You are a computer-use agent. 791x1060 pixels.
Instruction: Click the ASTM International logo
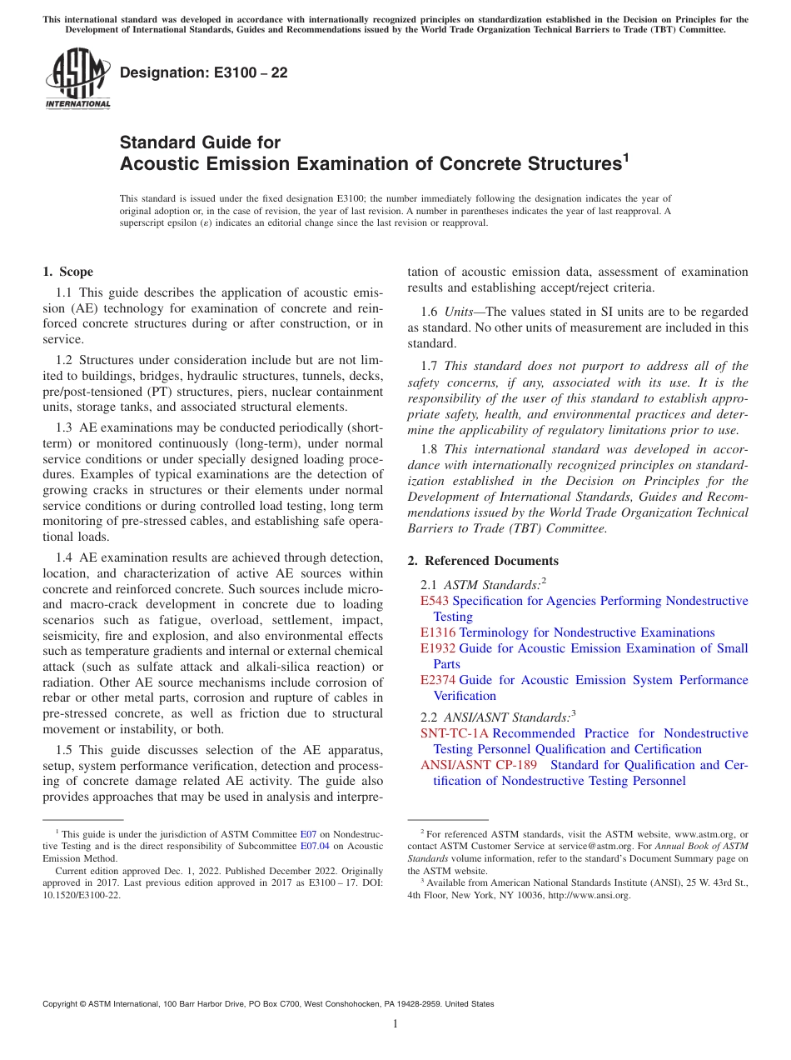(x=77, y=78)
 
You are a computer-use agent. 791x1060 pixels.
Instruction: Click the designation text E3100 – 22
(x=204, y=73)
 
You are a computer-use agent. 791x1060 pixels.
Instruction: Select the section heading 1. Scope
(x=67, y=272)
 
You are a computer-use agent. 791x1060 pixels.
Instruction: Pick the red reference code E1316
(x=438, y=632)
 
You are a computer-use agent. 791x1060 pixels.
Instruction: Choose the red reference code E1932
(x=438, y=648)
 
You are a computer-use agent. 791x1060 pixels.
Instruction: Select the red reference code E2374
(x=438, y=680)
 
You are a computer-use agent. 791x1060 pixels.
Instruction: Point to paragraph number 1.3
(x=65, y=427)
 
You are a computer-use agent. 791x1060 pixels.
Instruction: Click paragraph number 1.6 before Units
(x=430, y=311)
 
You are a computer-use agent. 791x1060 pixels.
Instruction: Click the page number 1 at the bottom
(x=395, y=1024)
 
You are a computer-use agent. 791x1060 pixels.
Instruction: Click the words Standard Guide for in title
(x=200, y=142)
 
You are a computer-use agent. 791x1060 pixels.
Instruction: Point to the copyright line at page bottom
(x=268, y=1004)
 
